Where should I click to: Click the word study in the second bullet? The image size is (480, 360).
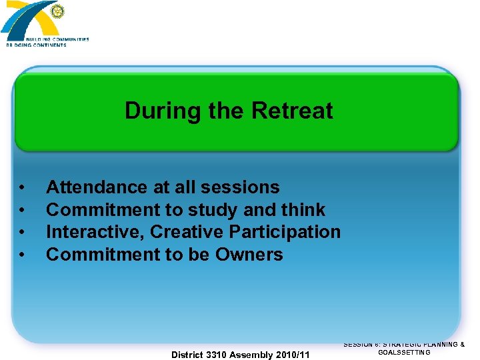[213, 210]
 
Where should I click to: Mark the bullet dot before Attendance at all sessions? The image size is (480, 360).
[23, 188]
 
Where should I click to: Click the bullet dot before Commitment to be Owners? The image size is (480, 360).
[23, 255]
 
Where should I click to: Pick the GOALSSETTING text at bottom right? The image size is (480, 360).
[404, 352]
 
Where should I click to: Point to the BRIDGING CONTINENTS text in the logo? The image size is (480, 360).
[36, 45]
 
